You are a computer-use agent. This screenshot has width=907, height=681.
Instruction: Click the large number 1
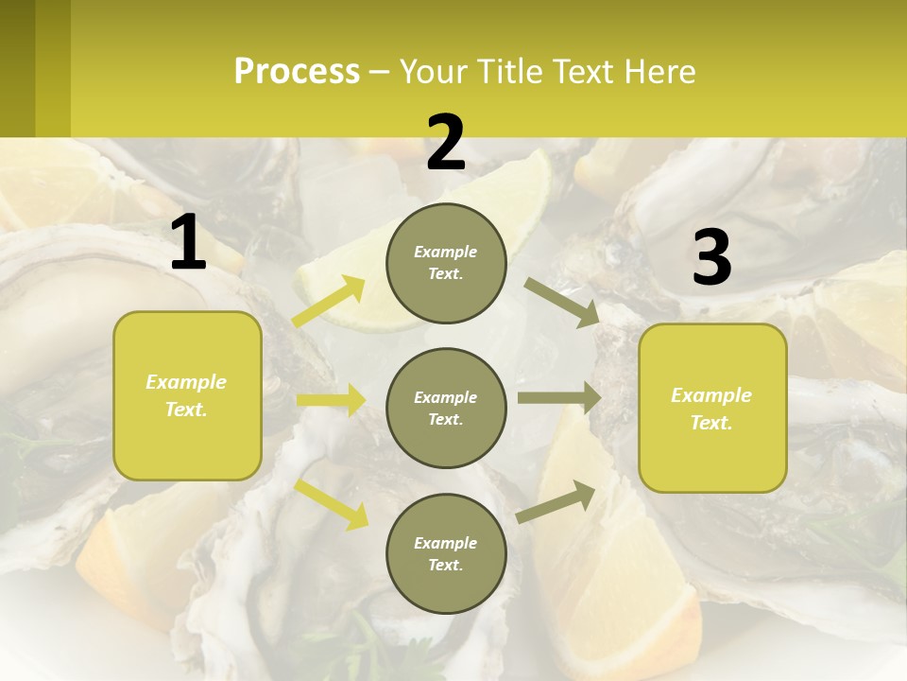coord(188,243)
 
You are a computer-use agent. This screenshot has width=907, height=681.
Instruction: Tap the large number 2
coord(446,143)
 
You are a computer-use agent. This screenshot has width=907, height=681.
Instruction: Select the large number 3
coord(712,258)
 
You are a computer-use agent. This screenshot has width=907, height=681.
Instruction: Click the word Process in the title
coord(297,71)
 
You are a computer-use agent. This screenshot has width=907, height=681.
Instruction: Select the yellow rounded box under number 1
coord(187,395)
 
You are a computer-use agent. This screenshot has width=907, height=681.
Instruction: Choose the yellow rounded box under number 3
coord(712,409)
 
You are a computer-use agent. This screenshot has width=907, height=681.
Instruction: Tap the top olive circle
coord(446,263)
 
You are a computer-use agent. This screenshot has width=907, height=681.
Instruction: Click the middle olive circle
coord(446,409)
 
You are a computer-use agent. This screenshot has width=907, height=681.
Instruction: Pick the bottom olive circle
coord(446,553)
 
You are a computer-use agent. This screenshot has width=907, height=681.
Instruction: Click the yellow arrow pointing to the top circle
coord(329,302)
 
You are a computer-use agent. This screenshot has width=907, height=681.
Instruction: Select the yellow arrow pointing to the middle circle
coord(331,400)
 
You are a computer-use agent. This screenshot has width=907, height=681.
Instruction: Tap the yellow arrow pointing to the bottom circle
coord(332,503)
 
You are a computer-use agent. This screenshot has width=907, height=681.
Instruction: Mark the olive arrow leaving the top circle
coord(562,301)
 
